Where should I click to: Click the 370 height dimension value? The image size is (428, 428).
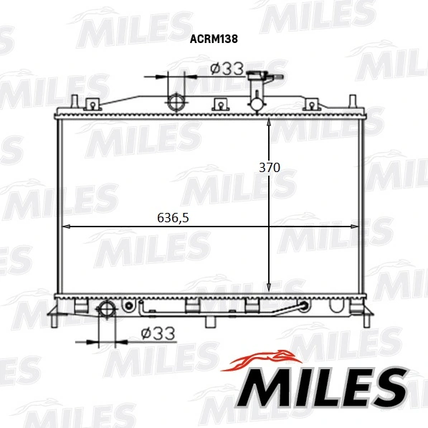269,167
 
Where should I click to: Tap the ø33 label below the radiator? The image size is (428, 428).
158,333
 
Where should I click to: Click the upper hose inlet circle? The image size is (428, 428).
176,102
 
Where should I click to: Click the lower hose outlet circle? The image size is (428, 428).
106,310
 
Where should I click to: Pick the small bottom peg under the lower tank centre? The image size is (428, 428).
209,320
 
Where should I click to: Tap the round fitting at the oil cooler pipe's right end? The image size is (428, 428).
304,307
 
